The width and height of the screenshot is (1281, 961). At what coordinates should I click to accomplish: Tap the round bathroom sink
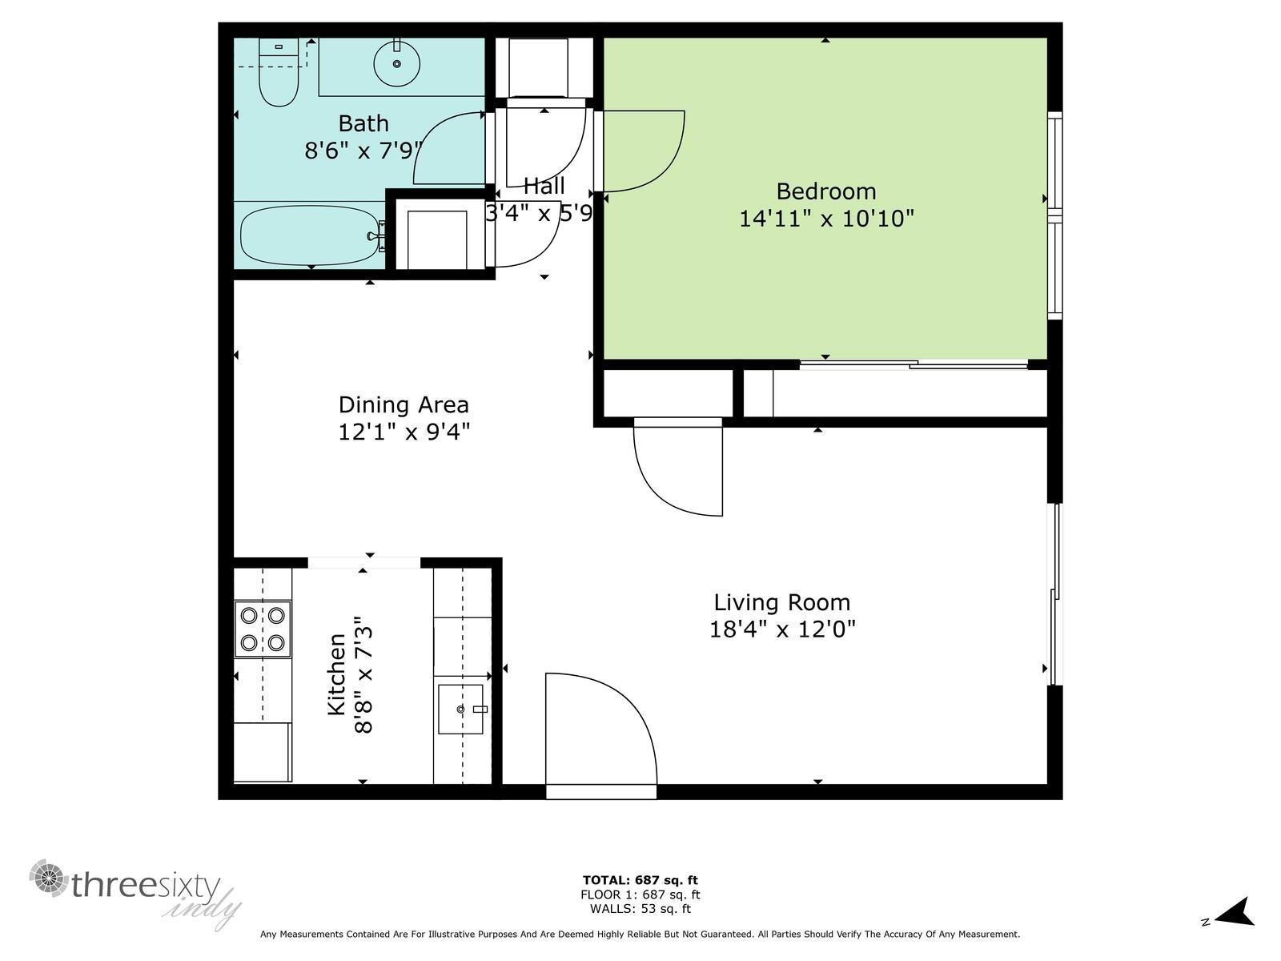tap(396, 63)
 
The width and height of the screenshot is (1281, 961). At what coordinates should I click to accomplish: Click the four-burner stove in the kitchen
tap(263, 629)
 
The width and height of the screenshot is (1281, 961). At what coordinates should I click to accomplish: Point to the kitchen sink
tap(460, 709)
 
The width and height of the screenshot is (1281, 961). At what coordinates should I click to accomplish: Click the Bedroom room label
tap(826, 191)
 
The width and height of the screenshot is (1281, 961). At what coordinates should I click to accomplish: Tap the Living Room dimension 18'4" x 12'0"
tap(782, 629)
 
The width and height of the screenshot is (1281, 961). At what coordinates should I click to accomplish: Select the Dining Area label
tap(404, 404)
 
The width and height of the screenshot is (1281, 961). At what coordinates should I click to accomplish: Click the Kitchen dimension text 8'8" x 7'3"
tap(363, 674)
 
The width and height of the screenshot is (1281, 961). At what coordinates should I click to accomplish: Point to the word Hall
tap(544, 187)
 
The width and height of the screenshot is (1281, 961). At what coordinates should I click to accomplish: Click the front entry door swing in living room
tap(600, 733)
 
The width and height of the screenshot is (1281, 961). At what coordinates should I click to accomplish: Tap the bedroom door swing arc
tap(645, 152)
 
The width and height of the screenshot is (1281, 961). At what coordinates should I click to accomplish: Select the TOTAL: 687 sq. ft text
tap(640, 880)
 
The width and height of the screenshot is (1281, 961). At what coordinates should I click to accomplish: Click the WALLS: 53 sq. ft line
tap(640, 909)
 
